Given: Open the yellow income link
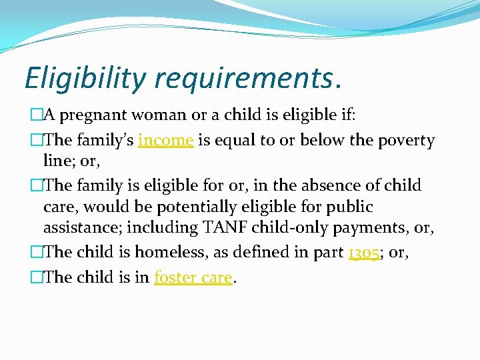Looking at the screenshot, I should point(165,141).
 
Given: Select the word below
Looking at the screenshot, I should point(322,141).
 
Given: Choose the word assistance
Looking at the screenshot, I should point(82,229).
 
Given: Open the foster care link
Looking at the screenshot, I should point(193,277).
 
